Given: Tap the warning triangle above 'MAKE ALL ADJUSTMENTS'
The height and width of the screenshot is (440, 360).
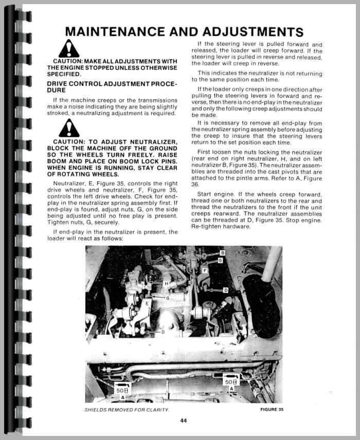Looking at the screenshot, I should (x=68, y=49).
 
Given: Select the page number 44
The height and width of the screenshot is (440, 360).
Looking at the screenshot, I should (x=184, y=420).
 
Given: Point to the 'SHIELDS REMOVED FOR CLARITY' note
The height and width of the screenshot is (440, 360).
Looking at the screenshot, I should (x=127, y=410).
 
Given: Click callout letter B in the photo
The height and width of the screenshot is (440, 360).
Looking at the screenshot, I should (x=222, y=253).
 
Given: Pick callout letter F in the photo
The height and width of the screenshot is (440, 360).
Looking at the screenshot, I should (x=205, y=270).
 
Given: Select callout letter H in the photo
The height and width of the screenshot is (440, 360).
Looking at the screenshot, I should (x=166, y=284).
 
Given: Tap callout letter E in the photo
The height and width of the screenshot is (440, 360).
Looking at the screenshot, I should (x=147, y=304).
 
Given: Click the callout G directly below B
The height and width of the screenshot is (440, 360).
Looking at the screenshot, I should (x=220, y=260).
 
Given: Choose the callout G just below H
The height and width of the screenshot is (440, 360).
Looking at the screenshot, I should (x=168, y=298).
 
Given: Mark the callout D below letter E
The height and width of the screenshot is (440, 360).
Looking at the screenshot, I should (x=163, y=332).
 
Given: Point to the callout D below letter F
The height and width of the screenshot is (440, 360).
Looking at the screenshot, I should (x=226, y=290).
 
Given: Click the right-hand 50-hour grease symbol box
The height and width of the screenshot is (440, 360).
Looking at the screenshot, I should (x=231, y=381).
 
